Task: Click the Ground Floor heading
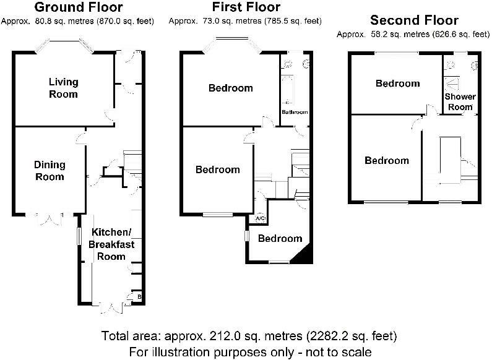(78, 7)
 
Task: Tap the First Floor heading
(246, 7)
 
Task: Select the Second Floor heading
(413, 20)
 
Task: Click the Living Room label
(64, 88)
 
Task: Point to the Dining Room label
(49, 171)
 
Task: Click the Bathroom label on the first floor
(295, 113)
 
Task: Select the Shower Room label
(460, 101)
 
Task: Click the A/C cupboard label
(260, 218)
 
